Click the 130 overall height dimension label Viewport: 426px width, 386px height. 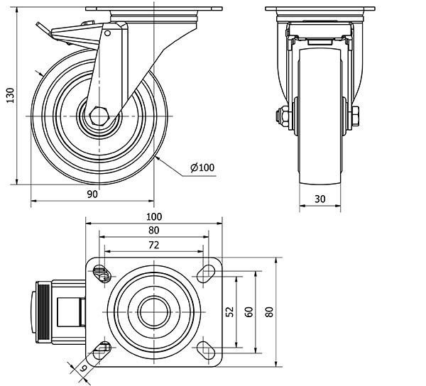11,95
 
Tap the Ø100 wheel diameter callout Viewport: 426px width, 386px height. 202,167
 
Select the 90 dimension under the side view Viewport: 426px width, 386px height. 92,194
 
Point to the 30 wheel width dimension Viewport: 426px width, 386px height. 319,199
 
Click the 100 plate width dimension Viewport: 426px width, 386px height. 154,216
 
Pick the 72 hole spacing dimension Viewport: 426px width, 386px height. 154,245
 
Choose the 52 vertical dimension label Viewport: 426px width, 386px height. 230,311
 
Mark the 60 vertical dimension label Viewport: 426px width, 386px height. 249,311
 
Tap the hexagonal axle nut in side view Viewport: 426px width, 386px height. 99,116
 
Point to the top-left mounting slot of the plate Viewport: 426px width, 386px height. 102,274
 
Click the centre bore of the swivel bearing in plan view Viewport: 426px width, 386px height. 154,312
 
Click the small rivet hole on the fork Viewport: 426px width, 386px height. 108,33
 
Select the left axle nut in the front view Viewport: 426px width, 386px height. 283,116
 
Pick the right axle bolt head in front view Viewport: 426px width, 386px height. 356,116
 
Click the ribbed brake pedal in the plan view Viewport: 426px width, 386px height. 43,312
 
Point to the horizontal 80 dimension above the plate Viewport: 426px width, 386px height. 154,231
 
